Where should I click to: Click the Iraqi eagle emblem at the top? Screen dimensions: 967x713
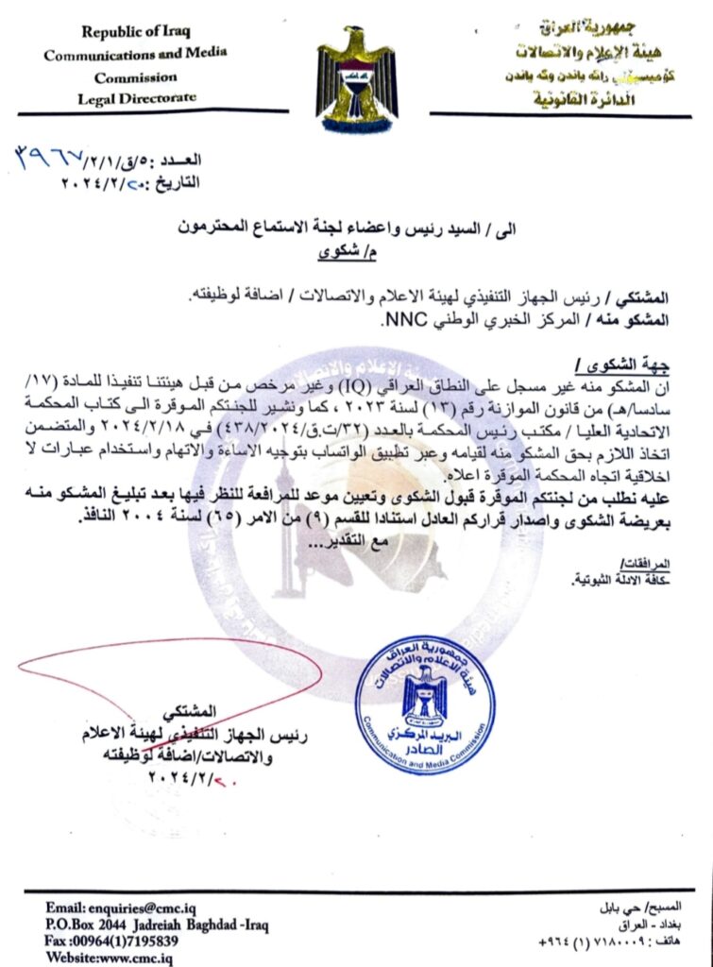click(x=355, y=76)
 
